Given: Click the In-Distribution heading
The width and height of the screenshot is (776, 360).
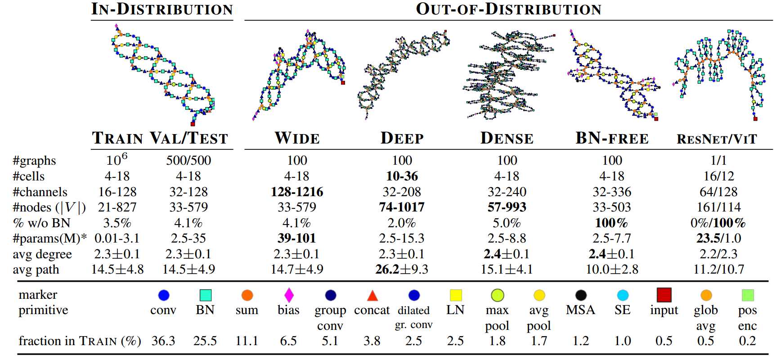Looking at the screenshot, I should point(162,9).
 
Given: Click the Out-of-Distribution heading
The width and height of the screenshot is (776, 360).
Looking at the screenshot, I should point(508,9).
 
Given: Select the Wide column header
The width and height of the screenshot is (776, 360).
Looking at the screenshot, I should point(297,138).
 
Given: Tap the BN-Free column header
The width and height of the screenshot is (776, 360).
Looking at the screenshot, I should point(612,138).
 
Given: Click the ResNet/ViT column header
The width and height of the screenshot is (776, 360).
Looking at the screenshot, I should point(717,139).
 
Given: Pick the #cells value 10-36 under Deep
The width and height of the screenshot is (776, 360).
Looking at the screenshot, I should point(402,176).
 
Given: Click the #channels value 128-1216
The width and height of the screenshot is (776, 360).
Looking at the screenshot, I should point(297,192).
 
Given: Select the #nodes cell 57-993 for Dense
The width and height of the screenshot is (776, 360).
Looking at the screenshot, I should point(507,207).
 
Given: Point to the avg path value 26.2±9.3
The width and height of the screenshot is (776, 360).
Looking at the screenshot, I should point(402,269).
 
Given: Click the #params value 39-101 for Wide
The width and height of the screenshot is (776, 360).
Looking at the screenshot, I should point(297,238).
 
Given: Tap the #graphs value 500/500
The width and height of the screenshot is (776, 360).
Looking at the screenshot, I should point(188,160).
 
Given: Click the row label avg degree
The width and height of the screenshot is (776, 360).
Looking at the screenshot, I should point(42,254).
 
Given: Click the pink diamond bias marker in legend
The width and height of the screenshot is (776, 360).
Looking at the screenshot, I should point(289,295).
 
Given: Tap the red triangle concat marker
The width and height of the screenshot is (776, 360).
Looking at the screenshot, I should point(372,296).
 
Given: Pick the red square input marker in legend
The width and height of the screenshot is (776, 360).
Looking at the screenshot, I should point(664,295).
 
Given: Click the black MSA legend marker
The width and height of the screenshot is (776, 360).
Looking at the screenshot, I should point(581,295).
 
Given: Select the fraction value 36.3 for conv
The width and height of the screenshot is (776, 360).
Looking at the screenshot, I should point(163,341).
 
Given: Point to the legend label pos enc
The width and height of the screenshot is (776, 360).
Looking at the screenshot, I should point(747,318).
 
